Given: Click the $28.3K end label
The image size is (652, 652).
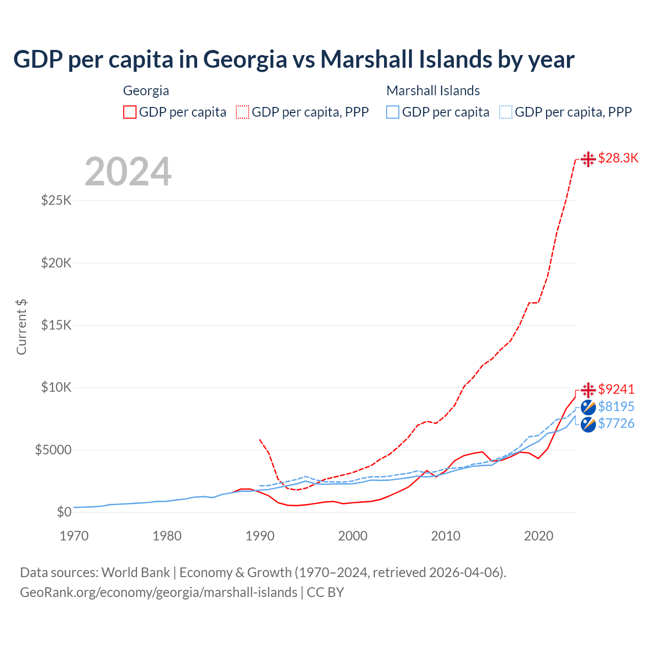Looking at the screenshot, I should pos(618,158).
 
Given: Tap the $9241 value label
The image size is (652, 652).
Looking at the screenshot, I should pos(616,389).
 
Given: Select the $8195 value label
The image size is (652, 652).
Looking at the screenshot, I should pos(616,406).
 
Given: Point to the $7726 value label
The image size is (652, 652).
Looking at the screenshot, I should pos(616,423).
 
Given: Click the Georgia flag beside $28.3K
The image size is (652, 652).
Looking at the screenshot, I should pos(588,159).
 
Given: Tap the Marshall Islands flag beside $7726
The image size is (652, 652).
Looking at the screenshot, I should pos(588,424).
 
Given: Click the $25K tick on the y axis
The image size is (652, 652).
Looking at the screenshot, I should pos(57,200).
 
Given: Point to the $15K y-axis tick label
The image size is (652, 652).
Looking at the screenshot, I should pos(57,325).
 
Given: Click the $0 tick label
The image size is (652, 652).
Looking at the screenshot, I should pos(64,512).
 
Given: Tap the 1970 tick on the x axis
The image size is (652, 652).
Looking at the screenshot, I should pos(74,536).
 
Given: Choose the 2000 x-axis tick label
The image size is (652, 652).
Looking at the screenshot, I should pos(352,536).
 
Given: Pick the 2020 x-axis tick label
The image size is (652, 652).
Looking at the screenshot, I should pos(538,536).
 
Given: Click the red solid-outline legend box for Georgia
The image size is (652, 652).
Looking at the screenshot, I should pos(130,112).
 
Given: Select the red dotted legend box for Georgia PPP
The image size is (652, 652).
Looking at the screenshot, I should pos(242,112).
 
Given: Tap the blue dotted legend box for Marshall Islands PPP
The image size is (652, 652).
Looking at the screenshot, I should pos(506,112).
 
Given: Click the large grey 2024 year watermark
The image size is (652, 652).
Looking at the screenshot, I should pos(128,172).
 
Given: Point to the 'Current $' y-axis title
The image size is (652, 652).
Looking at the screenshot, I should pos(21,327).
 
